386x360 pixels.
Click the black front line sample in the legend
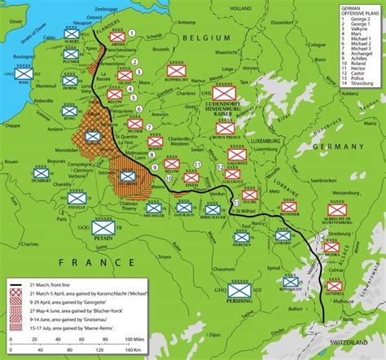(x=16, y=285)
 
